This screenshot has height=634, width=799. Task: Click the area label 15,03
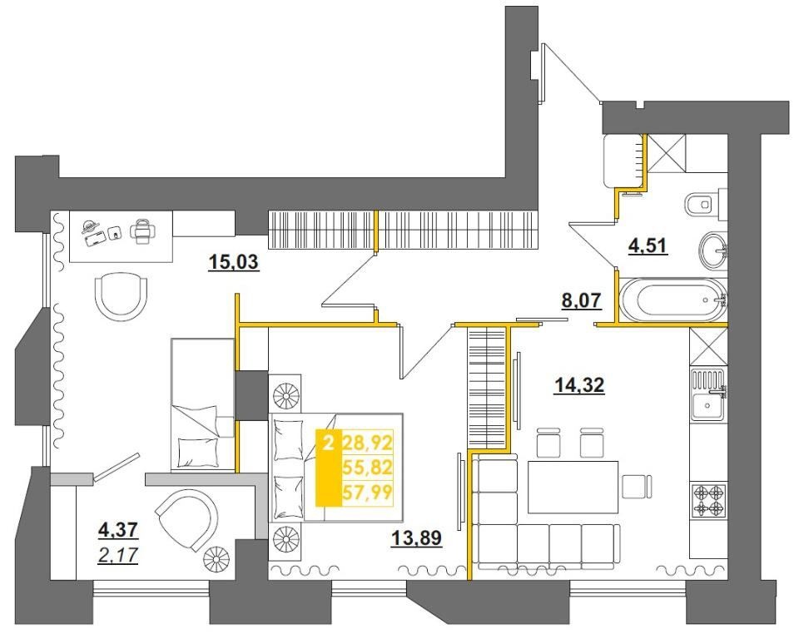[234, 262]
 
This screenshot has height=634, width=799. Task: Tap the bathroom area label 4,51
[648, 246]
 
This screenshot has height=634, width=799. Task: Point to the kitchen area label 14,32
[579, 385]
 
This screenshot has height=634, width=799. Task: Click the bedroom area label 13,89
[416, 537]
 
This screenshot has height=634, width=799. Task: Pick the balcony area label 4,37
[117, 530]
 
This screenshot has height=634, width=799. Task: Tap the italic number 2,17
[117, 554]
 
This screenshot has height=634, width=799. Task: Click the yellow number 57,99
[367, 493]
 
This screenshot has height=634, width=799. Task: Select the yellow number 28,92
[367, 443]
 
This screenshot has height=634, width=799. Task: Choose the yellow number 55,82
[367, 468]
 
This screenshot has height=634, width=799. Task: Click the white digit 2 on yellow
[329, 443]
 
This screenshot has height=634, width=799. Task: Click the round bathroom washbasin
[713, 250]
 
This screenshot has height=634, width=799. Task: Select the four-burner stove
[708, 500]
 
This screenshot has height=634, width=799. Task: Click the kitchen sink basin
[707, 405]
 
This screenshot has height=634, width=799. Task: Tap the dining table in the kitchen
[573, 487]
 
